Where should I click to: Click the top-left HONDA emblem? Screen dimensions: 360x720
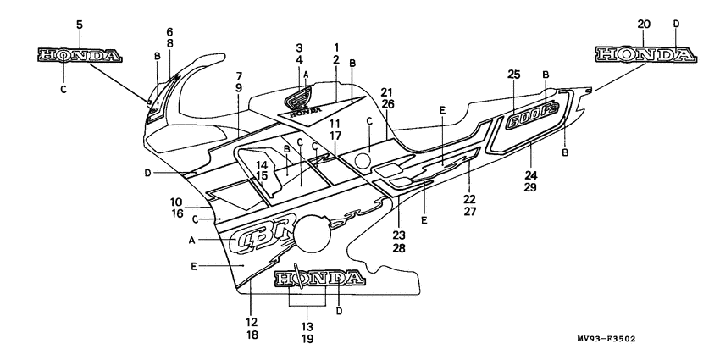(x=79, y=56)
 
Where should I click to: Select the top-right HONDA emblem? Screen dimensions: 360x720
(x=645, y=55)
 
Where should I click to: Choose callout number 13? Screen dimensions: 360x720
(x=307, y=326)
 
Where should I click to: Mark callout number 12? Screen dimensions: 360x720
(x=252, y=323)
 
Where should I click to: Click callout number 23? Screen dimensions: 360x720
(x=399, y=235)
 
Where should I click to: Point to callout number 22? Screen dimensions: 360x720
(x=469, y=198)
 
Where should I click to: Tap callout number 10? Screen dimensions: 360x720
(x=176, y=202)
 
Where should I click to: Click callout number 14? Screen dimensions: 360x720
(x=262, y=164)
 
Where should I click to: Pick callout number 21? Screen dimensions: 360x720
(x=387, y=91)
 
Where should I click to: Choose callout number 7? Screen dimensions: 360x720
(x=239, y=75)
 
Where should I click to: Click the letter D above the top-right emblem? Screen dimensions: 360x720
(x=675, y=25)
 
